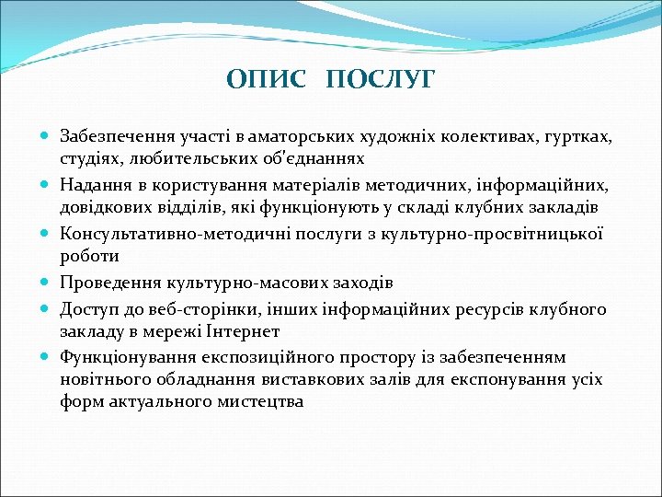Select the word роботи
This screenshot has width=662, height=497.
tap(86, 257)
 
